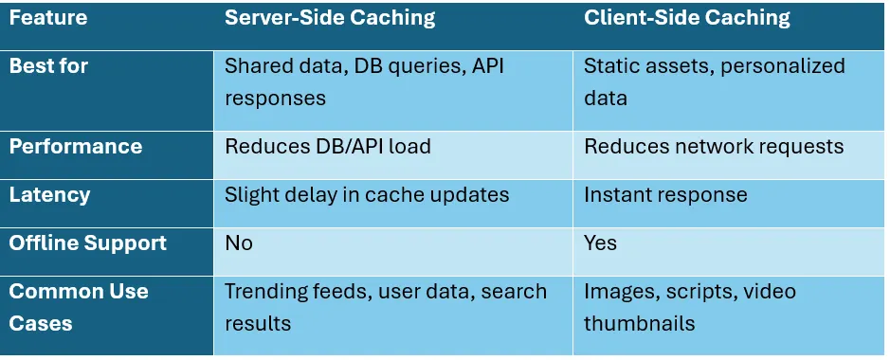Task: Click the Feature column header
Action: pos(47,17)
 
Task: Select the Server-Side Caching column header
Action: pos(329,17)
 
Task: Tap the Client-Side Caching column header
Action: pos(687,17)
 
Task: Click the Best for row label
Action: pos(49,66)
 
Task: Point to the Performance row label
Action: pos(76,147)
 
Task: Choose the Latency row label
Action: pos(49,195)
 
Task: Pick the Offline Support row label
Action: pos(87,243)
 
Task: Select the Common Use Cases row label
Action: pos(79,306)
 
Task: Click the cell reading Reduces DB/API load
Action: pos(327,147)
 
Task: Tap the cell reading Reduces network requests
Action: pos(714,147)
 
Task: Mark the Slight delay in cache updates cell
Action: pos(367,195)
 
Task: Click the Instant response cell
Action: pos(665,195)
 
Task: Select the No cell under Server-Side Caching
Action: pos(239,243)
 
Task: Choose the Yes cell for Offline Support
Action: pos(600,243)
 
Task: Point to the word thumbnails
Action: pos(639,324)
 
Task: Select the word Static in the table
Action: pos(610,66)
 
